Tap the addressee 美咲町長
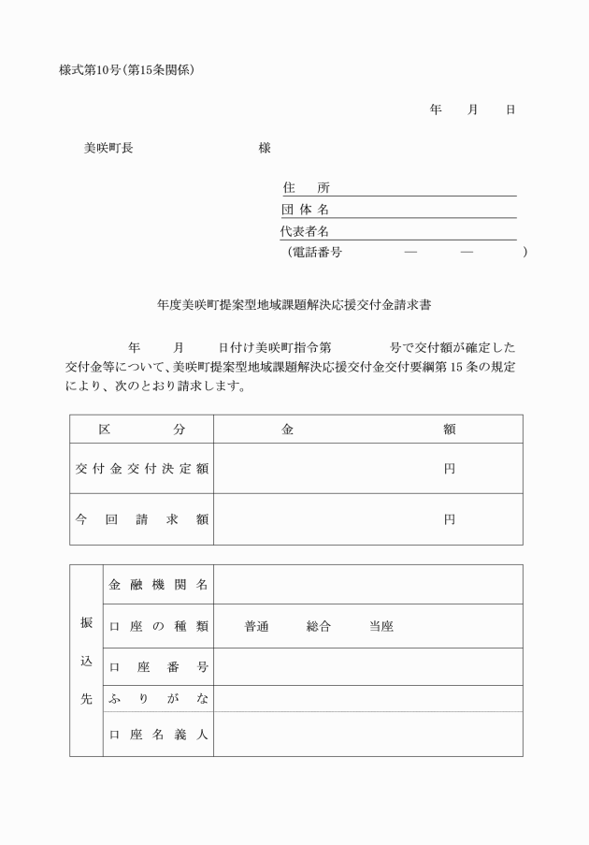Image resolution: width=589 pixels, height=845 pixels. pyautogui.click(x=108, y=148)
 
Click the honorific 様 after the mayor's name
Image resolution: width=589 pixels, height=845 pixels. pyautogui.click(x=265, y=148)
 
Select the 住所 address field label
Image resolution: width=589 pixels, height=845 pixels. pyautogui.click(x=306, y=188)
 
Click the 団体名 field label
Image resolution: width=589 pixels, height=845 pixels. pyautogui.click(x=305, y=210)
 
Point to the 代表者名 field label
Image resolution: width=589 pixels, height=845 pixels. pyautogui.click(x=305, y=231)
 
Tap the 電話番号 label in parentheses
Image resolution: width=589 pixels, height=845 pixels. pyautogui.click(x=317, y=252)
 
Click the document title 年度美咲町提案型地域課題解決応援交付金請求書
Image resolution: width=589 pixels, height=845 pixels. pyautogui.click(x=294, y=305)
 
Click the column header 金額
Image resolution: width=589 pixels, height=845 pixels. pyautogui.click(x=368, y=430)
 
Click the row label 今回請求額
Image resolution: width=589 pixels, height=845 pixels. pyautogui.click(x=142, y=519)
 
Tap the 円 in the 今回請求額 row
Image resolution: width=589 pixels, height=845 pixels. pyautogui.click(x=450, y=519)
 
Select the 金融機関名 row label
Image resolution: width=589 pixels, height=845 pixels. pyautogui.click(x=158, y=585)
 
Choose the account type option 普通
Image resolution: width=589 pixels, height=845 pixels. pyautogui.click(x=256, y=627)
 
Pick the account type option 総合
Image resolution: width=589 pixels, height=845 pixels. pyautogui.click(x=319, y=627)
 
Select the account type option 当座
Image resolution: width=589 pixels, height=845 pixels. pyautogui.click(x=381, y=627)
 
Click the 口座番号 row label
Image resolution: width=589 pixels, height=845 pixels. pyautogui.click(x=158, y=667)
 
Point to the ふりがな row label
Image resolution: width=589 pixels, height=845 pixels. pyautogui.click(x=158, y=698)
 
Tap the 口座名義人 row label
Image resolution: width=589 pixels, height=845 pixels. pyautogui.click(x=158, y=734)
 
